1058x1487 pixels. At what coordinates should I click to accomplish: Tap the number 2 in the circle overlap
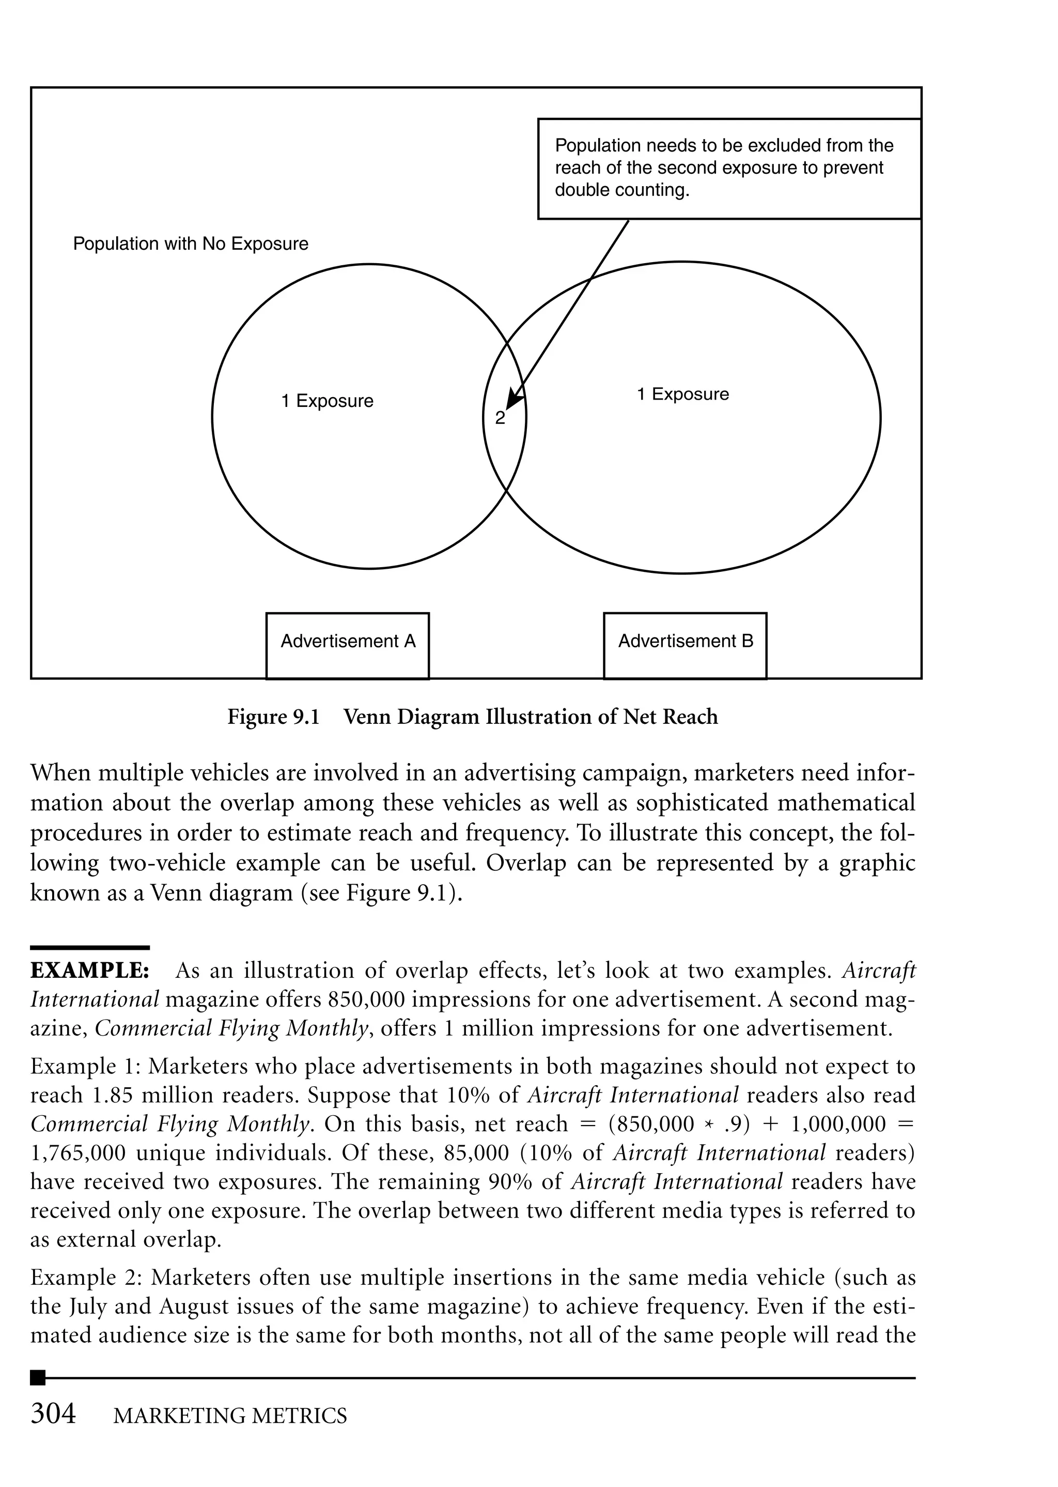(500, 418)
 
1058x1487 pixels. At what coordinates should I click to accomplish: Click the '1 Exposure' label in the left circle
(327, 401)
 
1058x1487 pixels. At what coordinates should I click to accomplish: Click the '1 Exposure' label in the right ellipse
(683, 394)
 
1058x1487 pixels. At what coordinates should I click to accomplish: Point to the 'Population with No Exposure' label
(190, 244)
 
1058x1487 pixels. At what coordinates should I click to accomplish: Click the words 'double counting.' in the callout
(621, 190)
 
